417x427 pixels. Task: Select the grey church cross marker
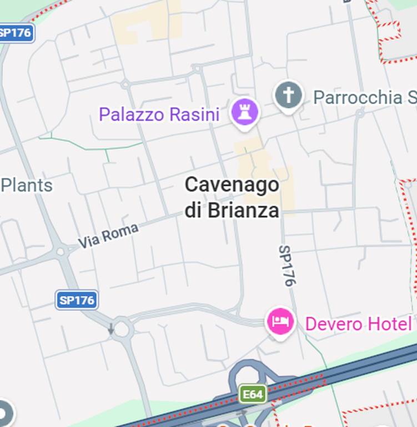[x=289, y=96]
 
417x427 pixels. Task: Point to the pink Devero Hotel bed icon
[x=280, y=321]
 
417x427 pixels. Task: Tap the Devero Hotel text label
[x=358, y=324]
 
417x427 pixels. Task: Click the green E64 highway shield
[x=253, y=394]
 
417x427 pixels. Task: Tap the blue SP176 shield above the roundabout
[x=77, y=300]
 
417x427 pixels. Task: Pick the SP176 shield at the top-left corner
[x=16, y=32]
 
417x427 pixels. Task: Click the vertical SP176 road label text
[x=285, y=266]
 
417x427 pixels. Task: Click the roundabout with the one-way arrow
[x=122, y=329]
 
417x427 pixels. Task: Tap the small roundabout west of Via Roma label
[x=61, y=251]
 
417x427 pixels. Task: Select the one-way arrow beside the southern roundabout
[x=111, y=329]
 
